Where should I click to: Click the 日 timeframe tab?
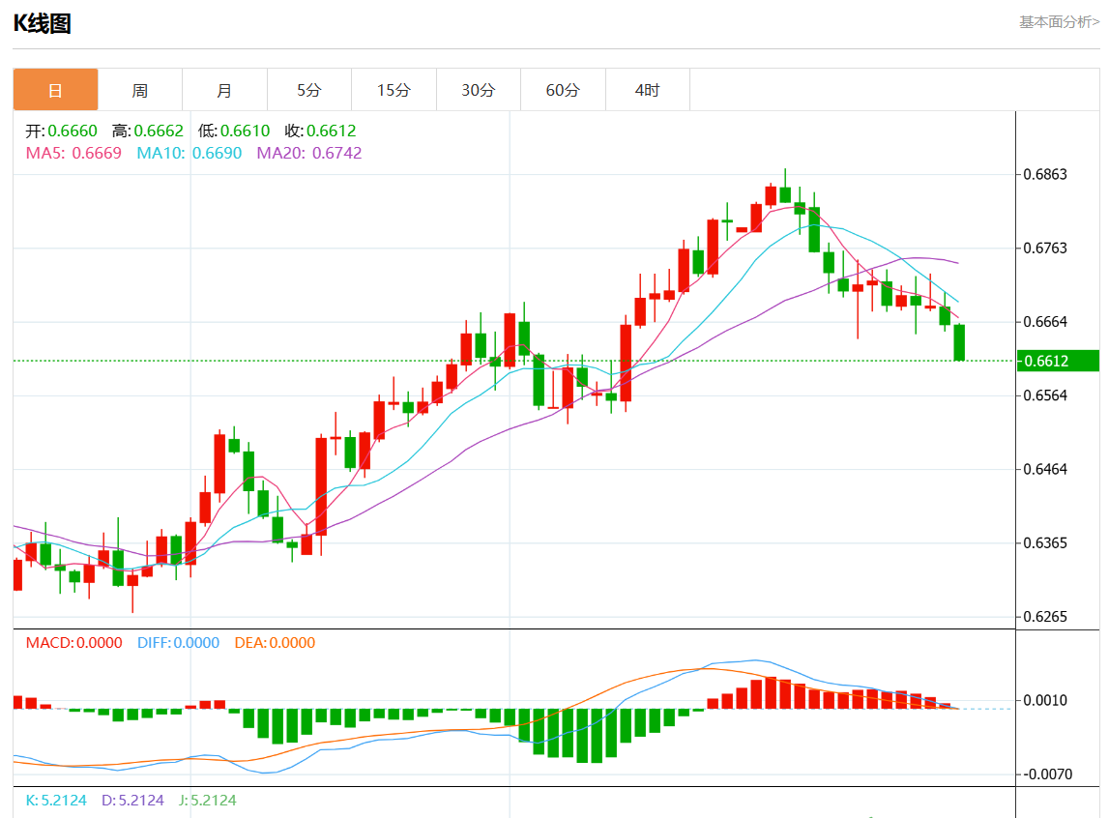tap(55, 90)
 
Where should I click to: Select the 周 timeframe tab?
tap(140, 90)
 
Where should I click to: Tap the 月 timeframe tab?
tap(224, 90)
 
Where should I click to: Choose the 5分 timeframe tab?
tap(308, 90)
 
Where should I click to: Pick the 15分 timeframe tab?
tap(394, 90)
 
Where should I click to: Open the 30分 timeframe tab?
tap(478, 90)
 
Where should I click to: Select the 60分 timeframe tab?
tap(563, 90)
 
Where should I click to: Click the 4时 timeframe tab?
tap(647, 90)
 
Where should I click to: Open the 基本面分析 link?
tap(1059, 21)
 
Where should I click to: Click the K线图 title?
tap(42, 24)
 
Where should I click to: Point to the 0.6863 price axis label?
tap(1045, 175)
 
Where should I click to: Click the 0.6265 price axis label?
tap(1045, 617)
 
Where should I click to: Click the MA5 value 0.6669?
tap(97, 153)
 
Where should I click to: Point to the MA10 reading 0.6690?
tap(217, 153)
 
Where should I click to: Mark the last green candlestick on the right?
tap(959, 342)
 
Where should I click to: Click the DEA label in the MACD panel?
tap(275, 643)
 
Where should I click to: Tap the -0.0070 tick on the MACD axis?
tap(1045, 774)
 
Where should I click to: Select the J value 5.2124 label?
tap(208, 801)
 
